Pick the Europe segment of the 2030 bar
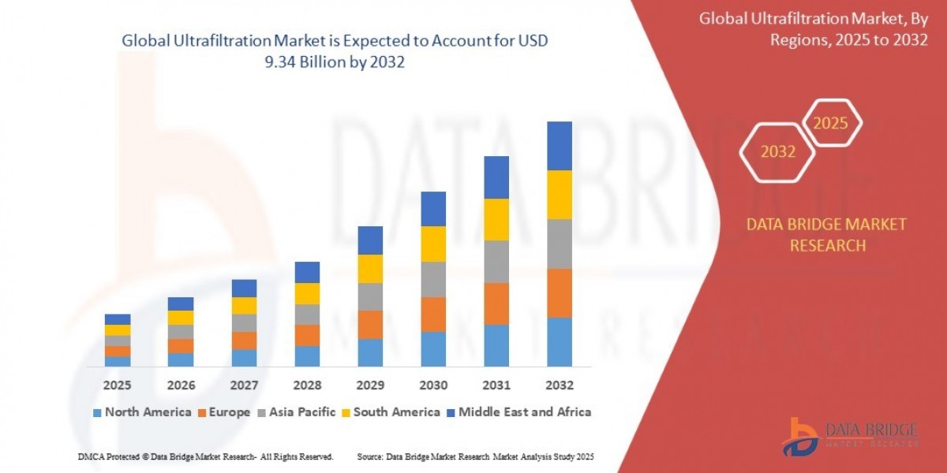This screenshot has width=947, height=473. click(x=432, y=314)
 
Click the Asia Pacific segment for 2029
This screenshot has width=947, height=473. click(x=370, y=296)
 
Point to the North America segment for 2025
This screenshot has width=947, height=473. click(x=118, y=361)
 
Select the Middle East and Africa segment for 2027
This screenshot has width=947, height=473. click(x=244, y=288)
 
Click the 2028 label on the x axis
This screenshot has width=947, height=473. click(x=307, y=386)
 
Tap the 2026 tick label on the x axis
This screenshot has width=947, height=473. click(x=181, y=386)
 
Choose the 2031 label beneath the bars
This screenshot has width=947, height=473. click(x=496, y=386)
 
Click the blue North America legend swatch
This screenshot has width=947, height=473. click(x=97, y=412)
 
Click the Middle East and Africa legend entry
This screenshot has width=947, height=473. click(x=518, y=412)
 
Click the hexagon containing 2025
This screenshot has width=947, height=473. click(x=830, y=124)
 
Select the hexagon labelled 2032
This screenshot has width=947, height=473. click(x=778, y=152)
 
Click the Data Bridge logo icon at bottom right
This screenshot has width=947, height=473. click(x=801, y=435)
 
